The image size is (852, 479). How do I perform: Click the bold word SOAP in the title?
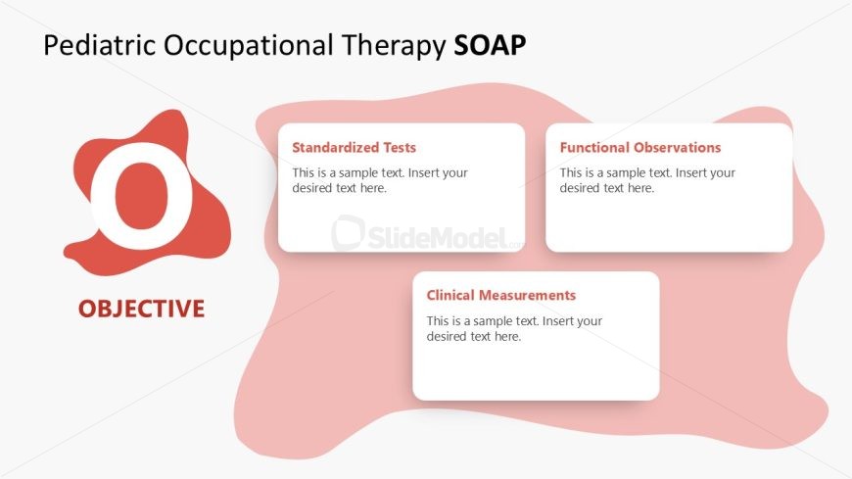(x=491, y=46)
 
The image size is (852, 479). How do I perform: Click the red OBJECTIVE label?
(x=142, y=310)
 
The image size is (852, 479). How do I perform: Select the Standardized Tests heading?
(x=355, y=148)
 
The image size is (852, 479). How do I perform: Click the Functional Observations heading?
(x=640, y=148)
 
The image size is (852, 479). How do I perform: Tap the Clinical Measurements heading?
(x=501, y=295)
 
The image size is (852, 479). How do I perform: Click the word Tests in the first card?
(x=398, y=148)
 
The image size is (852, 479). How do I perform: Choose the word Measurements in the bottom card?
(x=530, y=295)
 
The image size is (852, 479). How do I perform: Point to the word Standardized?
(x=334, y=148)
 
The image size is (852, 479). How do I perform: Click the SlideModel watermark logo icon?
(x=347, y=234)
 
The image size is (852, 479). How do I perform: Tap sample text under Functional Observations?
(x=647, y=180)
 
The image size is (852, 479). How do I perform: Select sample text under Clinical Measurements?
(x=514, y=328)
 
